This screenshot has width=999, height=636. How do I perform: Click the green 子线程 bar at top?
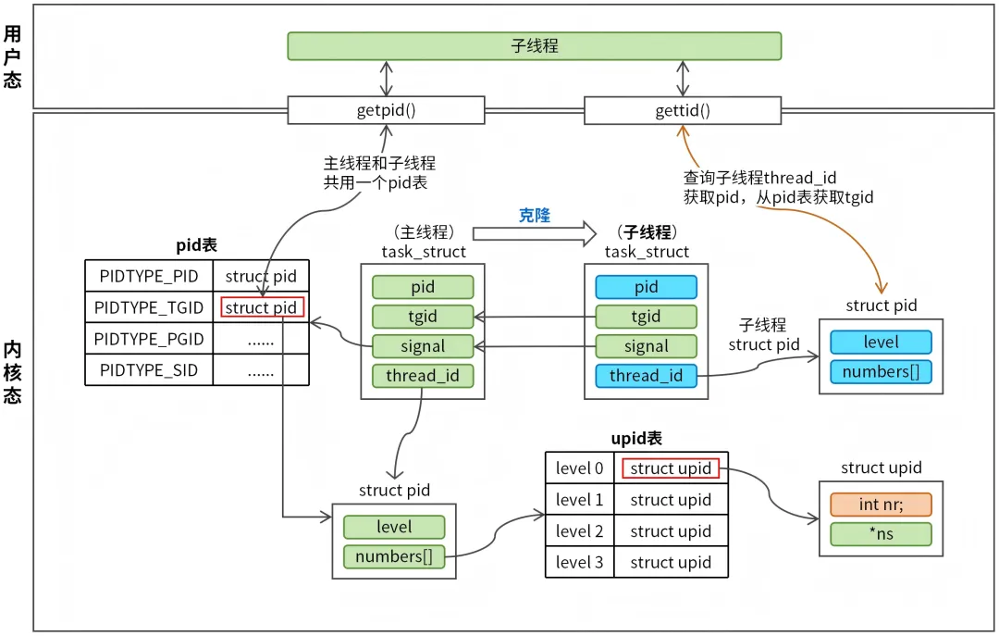(x=534, y=46)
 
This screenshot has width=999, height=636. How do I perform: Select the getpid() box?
(x=386, y=110)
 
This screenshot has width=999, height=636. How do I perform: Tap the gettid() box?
(x=682, y=111)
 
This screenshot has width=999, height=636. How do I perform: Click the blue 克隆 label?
(x=534, y=215)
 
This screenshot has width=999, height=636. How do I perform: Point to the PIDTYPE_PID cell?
(x=149, y=276)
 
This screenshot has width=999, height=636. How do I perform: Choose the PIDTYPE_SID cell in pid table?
(x=149, y=370)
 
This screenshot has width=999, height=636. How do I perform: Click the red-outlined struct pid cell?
(x=263, y=307)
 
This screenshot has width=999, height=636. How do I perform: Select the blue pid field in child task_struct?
(x=646, y=287)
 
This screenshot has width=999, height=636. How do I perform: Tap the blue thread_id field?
(x=646, y=375)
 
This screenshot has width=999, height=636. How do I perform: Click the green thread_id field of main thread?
(x=422, y=375)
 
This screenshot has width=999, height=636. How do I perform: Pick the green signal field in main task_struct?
(x=422, y=346)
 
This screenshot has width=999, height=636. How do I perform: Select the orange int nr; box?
(x=881, y=505)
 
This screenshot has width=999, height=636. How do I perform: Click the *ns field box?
(x=881, y=534)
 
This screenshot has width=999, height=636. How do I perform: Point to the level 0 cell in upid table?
(x=579, y=468)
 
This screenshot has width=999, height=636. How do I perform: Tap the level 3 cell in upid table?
(x=579, y=562)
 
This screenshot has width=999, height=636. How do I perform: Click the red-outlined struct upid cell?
(x=671, y=468)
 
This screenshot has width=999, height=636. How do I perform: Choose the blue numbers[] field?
(x=881, y=371)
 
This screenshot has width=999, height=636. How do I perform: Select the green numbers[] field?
(x=393, y=556)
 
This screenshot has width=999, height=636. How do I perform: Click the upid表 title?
(x=636, y=439)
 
